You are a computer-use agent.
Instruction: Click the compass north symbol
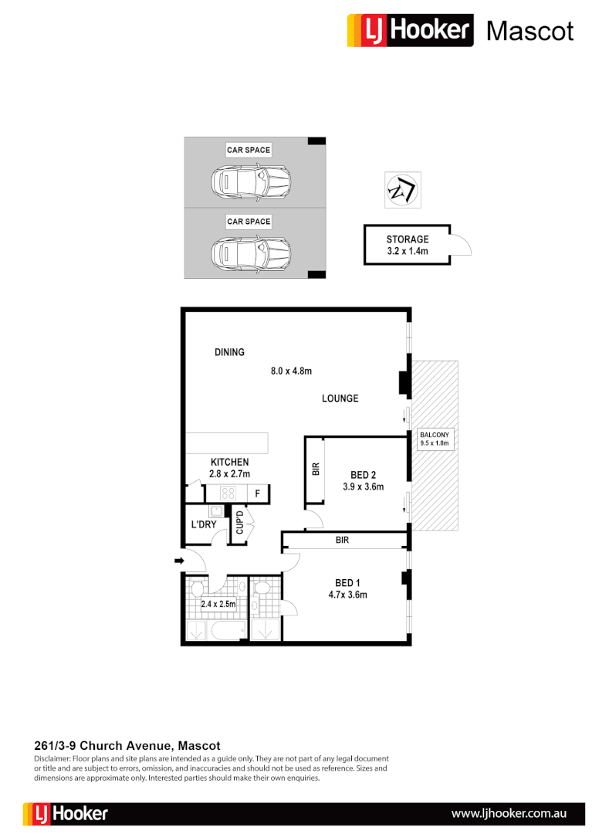tap(402, 189)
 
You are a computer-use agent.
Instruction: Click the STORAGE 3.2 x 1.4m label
tap(407, 245)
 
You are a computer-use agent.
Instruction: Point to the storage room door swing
tap(461, 246)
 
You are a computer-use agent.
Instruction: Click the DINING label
tap(229, 352)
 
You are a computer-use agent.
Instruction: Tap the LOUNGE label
tap(340, 398)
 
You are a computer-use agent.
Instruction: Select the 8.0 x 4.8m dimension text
tap(291, 371)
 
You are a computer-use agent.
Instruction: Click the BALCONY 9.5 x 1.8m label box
tap(434, 439)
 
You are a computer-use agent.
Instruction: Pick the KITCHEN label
tap(229, 463)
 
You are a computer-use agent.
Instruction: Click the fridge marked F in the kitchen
tap(258, 493)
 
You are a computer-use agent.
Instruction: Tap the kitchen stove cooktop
tap(229, 493)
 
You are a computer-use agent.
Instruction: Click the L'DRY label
tap(203, 525)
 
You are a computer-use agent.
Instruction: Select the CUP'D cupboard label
tap(239, 523)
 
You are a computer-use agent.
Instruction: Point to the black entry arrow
tap(179, 561)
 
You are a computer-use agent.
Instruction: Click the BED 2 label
tap(363, 475)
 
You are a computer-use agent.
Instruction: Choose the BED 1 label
tap(346, 583)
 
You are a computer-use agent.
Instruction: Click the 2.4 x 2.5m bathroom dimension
tap(218, 605)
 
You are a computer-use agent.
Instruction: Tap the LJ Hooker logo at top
tap(410, 31)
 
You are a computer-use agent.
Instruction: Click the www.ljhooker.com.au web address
tap(509, 813)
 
